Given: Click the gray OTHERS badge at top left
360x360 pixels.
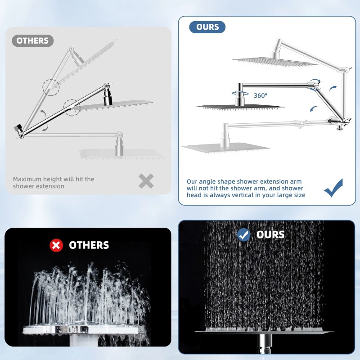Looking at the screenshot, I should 32,40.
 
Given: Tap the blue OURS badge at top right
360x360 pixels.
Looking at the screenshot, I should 207,27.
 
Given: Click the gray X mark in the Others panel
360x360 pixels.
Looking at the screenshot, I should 146,181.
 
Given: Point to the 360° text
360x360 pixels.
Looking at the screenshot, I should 260,95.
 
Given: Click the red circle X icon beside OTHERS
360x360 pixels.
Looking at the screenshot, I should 56,245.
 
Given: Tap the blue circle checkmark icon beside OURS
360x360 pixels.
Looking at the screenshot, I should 243,234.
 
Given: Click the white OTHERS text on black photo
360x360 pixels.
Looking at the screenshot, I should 89,245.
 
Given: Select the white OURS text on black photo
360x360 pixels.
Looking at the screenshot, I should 270,234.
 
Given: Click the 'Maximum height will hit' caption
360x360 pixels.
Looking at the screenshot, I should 54,182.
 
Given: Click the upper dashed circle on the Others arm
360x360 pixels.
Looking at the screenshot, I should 51,86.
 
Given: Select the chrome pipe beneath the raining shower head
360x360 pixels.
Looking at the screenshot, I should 264,344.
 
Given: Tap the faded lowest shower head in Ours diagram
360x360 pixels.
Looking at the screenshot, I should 225,146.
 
